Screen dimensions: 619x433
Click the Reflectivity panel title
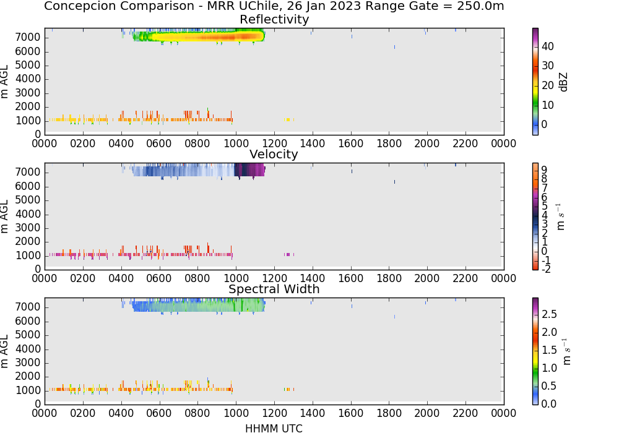274,19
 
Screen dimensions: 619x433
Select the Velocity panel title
274,154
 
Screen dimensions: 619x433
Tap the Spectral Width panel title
274,289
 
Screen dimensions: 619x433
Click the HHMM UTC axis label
274,429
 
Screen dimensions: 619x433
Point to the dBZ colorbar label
564,82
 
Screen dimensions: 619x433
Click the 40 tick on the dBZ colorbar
548,46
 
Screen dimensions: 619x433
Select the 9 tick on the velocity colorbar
544,170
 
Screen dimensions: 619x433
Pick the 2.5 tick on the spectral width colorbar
549,314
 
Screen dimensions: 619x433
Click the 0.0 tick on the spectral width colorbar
549,403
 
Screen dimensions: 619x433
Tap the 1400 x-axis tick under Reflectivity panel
312,143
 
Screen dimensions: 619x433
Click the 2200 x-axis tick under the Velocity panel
465,278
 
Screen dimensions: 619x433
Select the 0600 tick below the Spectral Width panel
159,413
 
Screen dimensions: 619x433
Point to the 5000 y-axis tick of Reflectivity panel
28,65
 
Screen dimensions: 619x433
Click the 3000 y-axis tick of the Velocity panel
28,228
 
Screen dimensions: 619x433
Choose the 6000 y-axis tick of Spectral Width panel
28,321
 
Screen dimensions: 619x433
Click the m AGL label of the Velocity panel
4,216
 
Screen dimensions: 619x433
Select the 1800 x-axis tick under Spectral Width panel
389,413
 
